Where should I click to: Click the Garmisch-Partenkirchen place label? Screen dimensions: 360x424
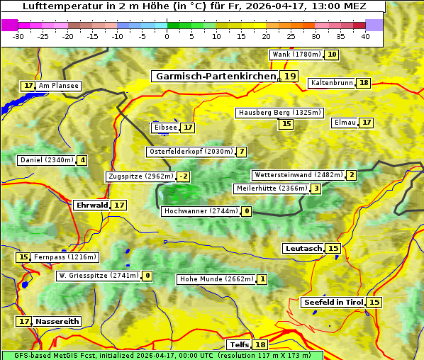(215, 77)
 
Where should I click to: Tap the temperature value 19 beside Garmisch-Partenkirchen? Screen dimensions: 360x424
(289, 77)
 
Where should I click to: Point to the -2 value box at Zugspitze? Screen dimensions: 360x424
(184, 176)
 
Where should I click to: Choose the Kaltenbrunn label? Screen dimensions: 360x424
(331, 83)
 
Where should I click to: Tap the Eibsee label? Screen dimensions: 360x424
(165, 128)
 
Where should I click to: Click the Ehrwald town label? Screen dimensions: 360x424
(91, 205)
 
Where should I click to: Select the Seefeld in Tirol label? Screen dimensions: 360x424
(333, 303)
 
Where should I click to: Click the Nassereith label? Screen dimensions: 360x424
(57, 321)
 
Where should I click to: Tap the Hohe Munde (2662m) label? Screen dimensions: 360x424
(216, 279)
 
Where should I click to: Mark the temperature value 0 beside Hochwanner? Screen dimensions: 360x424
(247, 211)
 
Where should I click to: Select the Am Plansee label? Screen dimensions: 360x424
(58, 86)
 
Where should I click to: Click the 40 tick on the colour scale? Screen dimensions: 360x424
(365, 36)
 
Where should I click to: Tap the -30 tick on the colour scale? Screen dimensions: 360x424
(18, 36)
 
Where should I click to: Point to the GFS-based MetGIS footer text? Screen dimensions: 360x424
(162, 355)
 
